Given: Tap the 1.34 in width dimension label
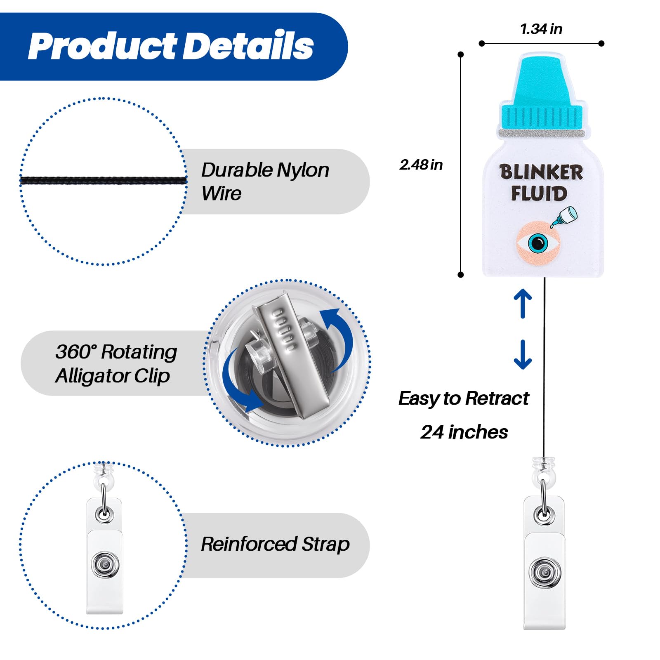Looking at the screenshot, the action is pyautogui.click(x=541, y=29).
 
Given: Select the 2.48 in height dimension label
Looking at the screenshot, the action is pyautogui.click(x=421, y=165).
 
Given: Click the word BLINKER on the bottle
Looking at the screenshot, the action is pyautogui.click(x=541, y=172).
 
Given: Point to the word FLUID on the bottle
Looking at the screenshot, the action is pyautogui.click(x=539, y=193).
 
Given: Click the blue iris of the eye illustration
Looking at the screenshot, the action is pyautogui.click(x=538, y=243).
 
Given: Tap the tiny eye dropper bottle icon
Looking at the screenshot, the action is pyautogui.click(x=564, y=217).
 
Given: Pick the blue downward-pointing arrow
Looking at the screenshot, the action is pyautogui.click(x=523, y=354).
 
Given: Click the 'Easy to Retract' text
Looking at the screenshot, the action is pyautogui.click(x=464, y=398).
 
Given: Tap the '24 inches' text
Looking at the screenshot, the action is pyautogui.click(x=464, y=432).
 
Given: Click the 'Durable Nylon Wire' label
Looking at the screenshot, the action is pyautogui.click(x=265, y=181).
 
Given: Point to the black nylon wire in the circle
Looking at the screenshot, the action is pyautogui.click(x=104, y=180).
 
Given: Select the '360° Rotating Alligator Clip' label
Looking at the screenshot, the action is pyautogui.click(x=116, y=363).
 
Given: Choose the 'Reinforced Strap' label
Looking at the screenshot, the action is pyautogui.click(x=275, y=544).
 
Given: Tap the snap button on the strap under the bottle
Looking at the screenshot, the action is pyautogui.click(x=544, y=572).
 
